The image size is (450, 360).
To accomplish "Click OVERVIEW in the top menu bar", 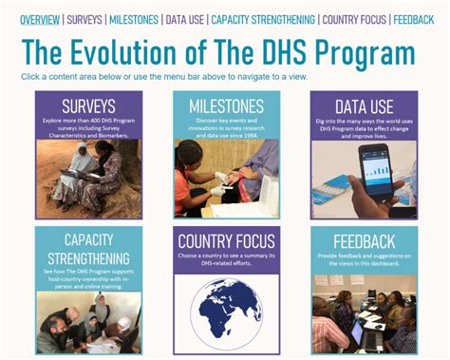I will [40, 19].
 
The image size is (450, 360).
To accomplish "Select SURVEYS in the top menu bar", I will [84, 19].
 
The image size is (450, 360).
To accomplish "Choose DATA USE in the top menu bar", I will [183, 19].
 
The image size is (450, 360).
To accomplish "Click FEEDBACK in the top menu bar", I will [414, 19].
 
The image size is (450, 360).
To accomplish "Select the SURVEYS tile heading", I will [88, 105].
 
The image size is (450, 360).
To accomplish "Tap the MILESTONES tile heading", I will [226, 105].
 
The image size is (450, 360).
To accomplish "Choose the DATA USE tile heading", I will [364, 105].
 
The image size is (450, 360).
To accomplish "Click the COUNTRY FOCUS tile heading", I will [226, 242].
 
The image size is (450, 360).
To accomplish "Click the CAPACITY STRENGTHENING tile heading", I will [88, 250].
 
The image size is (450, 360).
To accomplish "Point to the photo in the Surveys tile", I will [88, 179].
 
